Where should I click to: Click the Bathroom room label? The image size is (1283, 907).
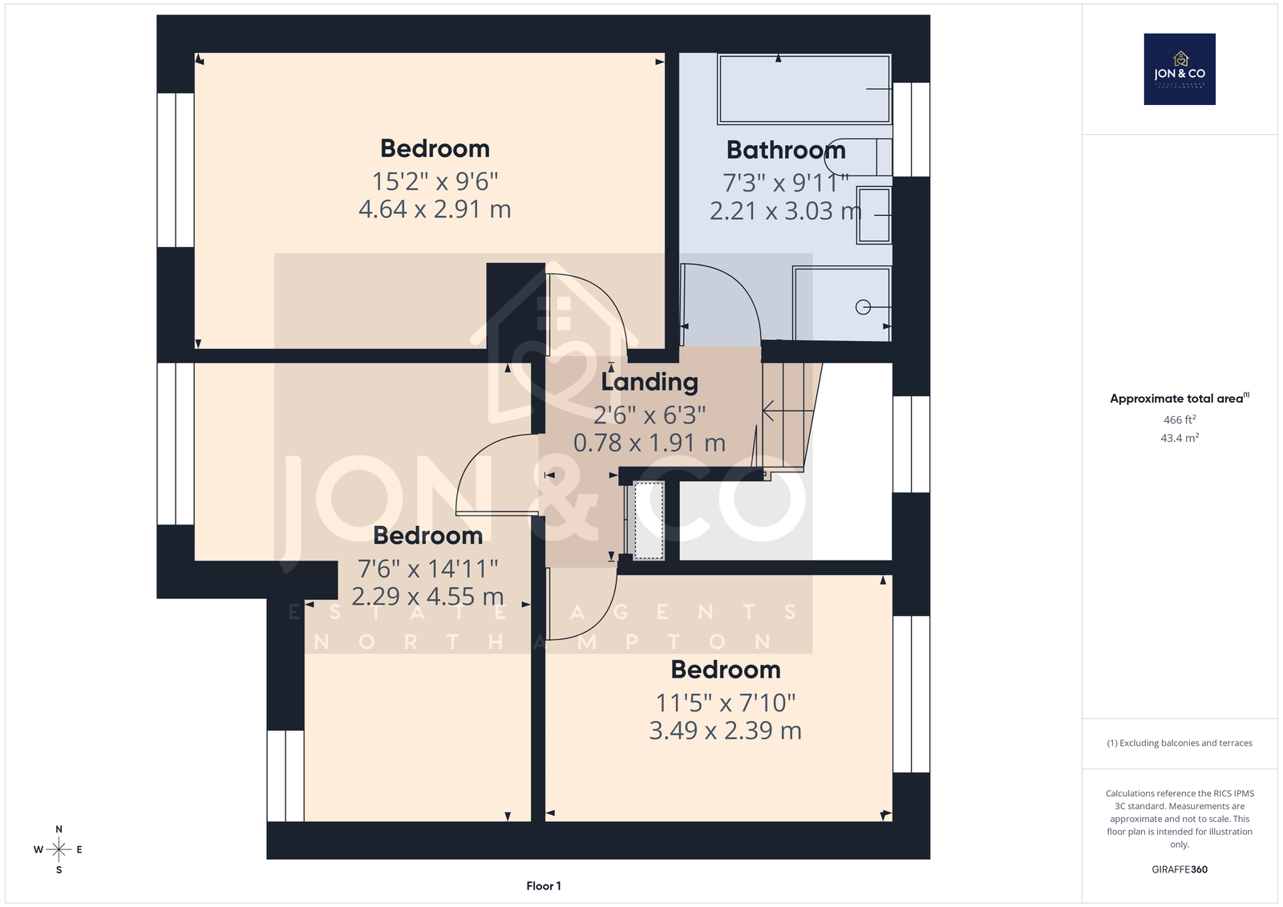pos(786,150)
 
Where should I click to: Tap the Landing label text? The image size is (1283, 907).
pos(650,383)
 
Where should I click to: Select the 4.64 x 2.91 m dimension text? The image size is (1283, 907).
pos(435,209)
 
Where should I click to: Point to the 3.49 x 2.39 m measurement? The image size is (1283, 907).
pos(725,731)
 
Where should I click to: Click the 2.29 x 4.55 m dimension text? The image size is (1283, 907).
pos(427,597)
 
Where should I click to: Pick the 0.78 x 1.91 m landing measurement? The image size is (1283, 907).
pos(650,443)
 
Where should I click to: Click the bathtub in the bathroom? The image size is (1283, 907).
pos(804,89)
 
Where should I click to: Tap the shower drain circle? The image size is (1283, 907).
pos(863,308)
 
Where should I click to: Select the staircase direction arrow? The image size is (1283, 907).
pos(788,411)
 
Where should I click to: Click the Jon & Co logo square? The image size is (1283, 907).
pos(1180,69)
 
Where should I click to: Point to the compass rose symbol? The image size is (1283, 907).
pos(59,849)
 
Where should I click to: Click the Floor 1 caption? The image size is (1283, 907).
pos(544,886)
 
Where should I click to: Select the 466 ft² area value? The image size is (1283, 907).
pos(1180,419)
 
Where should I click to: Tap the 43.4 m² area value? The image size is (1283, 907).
pos(1180,438)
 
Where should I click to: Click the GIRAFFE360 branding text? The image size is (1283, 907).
pos(1180,869)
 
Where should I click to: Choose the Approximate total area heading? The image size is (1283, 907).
pos(1180,399)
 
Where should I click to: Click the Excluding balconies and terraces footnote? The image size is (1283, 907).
pos(1180,743)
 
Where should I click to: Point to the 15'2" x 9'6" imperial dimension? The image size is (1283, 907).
pos(435,181)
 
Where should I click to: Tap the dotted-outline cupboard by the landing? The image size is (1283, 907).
pos(649,520)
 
